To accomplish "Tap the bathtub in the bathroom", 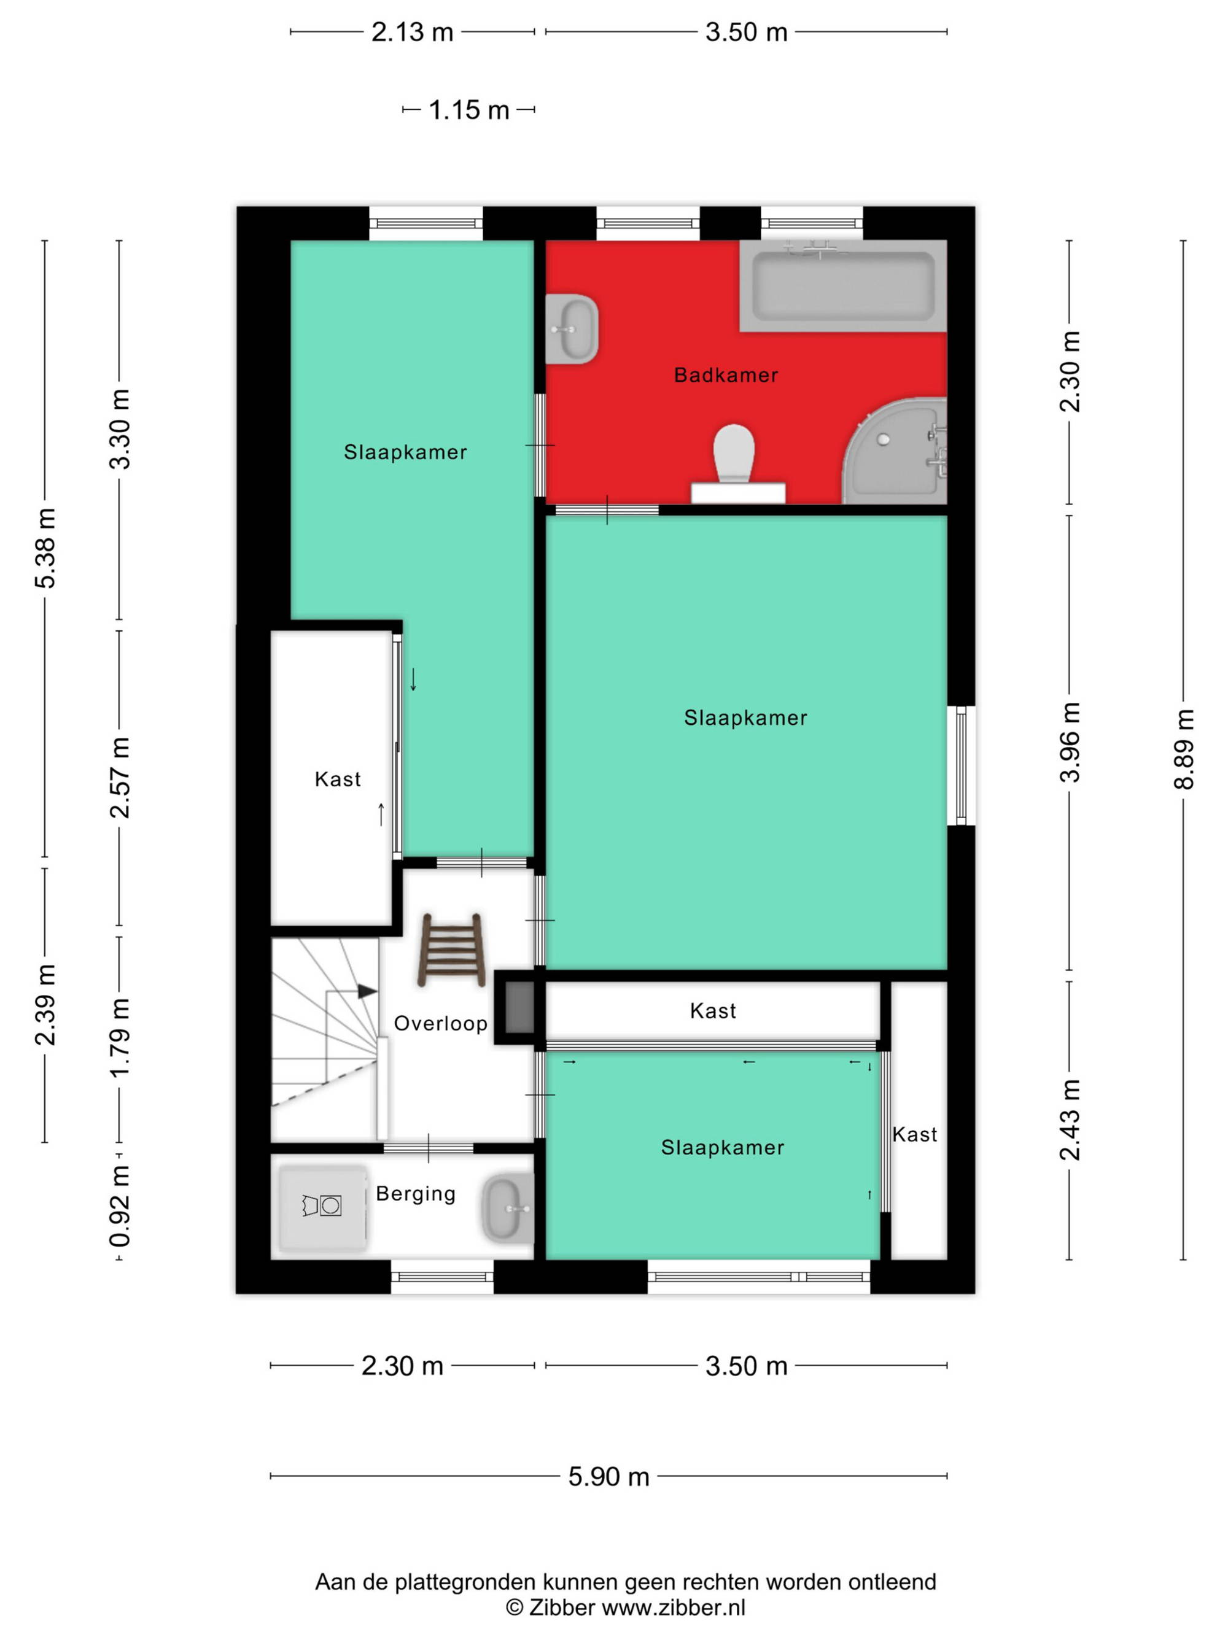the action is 843,285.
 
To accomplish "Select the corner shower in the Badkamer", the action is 896,451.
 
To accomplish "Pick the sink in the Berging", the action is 508,1209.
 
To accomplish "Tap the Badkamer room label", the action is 725,375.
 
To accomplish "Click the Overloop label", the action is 440,1023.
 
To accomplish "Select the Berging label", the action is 415,1194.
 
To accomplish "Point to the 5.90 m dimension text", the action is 608,1476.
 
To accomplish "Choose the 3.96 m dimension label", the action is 1070,742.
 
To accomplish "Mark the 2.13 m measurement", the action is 412,33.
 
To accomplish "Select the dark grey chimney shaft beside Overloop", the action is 519,1007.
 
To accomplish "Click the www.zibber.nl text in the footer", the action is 674,1608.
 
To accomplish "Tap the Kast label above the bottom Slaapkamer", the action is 713,1011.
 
